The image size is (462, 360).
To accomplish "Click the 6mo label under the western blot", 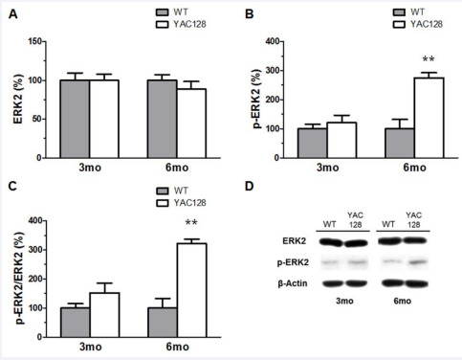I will click(x=405, y=325).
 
